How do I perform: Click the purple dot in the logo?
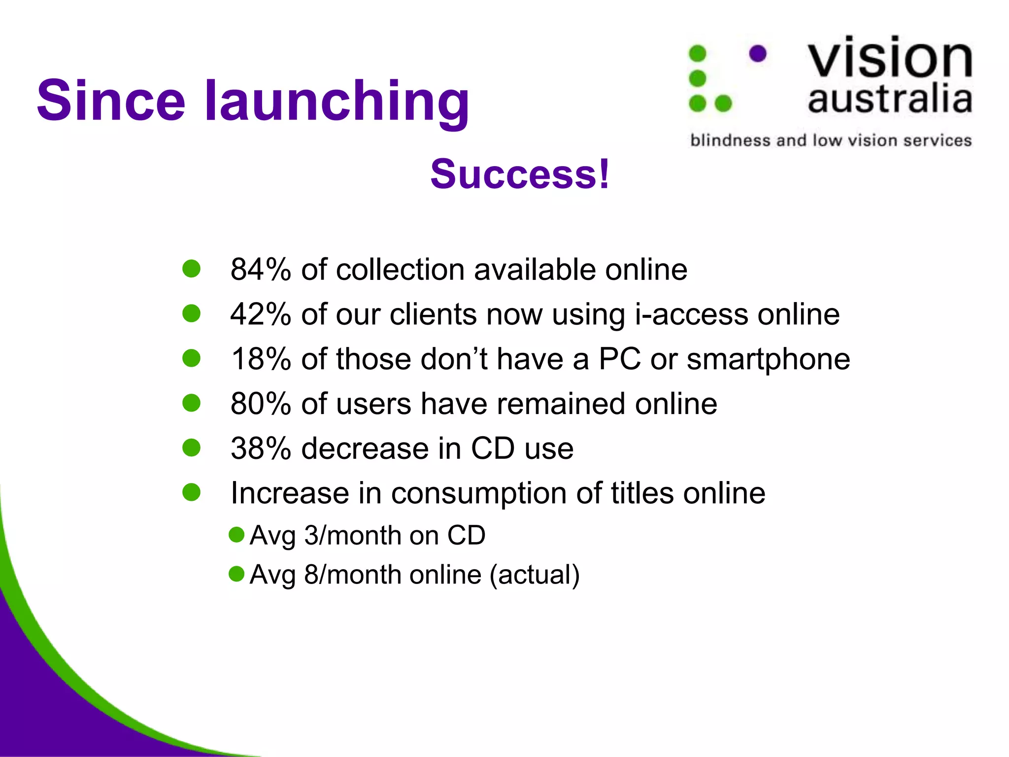coord(758,54)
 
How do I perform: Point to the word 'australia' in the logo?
coord(890,99)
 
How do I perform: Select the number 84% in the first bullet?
coord(261,270)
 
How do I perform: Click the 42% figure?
coord(261,314)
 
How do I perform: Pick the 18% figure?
coord(261,359)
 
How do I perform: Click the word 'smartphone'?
coord(768,359)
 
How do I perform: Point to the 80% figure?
coord(261,404)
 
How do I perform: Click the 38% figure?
coord(261,448)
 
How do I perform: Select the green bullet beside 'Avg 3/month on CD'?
coord(237,535)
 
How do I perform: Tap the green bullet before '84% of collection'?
coord(191,269)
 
